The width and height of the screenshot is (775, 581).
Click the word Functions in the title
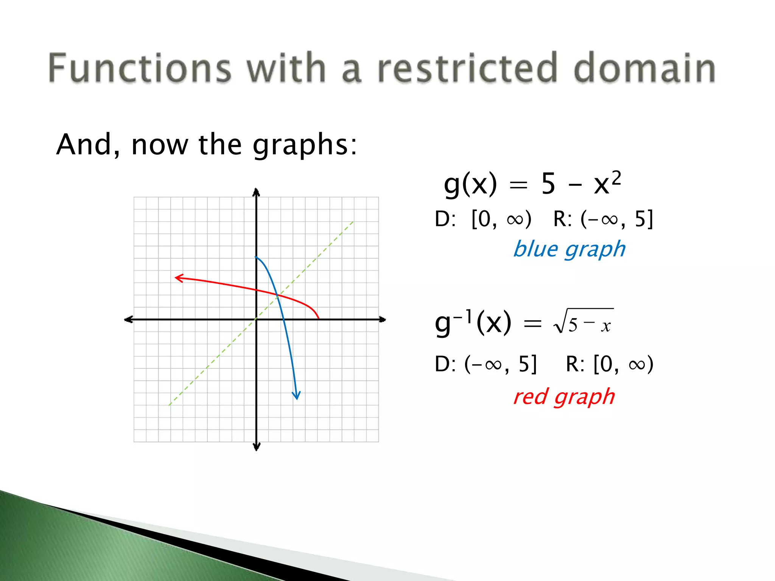coord(139,68)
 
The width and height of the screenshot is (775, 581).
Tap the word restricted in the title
coord(467,68)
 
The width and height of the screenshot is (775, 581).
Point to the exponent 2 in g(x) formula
coord(616,177)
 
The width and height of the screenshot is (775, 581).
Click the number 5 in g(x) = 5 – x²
coord(548,184)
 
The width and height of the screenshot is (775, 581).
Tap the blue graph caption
coord(569,250)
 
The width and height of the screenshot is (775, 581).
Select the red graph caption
coord(564,397)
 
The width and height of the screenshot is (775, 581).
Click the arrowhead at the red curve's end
coord(178,278)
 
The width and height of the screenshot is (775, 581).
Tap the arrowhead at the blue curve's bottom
coord(296,395)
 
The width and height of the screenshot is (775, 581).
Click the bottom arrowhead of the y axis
coord(256,447)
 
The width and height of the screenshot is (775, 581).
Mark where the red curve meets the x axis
coord(318,319)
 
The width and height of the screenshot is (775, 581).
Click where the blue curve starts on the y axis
coord(256,257)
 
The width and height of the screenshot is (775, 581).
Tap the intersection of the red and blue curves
coord(278,295)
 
